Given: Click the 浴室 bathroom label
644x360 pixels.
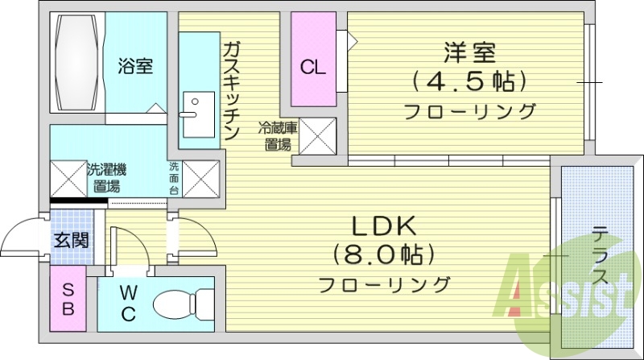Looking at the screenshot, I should click(135, 66).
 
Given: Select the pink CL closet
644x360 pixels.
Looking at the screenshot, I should click(313, 58).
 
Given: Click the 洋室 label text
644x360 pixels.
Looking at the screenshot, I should click(469, 52).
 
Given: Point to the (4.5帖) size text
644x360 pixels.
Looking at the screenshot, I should click(469, 81).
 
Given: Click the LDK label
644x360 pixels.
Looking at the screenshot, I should click(383, 228).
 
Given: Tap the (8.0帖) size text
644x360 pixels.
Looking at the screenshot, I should click(383, 255).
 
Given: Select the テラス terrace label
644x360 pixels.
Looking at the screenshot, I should click(600, 256).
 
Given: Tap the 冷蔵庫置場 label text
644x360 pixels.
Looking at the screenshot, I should click(277, 135).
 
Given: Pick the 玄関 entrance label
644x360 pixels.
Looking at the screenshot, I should click(72, 239).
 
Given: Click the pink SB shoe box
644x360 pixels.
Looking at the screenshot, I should click(68, 298).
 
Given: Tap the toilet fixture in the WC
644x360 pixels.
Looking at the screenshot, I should click(182, 304).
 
